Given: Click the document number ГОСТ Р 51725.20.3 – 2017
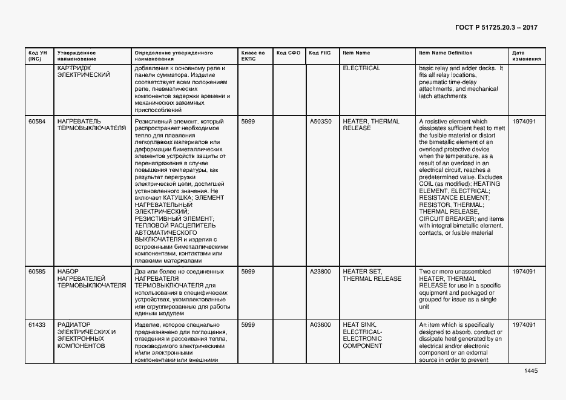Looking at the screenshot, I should (x=495, y=28).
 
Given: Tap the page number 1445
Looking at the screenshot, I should (x=531, y=371).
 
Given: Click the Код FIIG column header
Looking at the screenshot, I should (x=320, y=53).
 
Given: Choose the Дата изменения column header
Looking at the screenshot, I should (x=522, y=56).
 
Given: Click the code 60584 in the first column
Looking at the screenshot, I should (x=37, y=122).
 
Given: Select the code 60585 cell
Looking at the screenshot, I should (x=37, y=272).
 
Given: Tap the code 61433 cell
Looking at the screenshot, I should (x=37, y=325).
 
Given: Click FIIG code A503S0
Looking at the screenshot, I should (x=320, y=122).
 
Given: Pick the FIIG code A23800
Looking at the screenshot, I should (x=320, y=272).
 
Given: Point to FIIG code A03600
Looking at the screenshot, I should (x=320, y=325).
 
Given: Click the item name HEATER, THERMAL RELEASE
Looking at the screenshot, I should (x=371, y=125).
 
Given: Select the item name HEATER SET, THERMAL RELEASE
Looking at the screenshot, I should (x=372, y=275).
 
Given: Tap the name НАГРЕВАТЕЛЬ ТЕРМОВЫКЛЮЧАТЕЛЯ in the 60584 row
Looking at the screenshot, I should (x=91, y=125).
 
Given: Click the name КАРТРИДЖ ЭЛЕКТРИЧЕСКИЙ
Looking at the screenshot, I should (x=84, y=71).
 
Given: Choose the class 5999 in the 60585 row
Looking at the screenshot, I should (x=248, y=272).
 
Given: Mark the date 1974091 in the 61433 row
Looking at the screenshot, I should (x=524, y=325).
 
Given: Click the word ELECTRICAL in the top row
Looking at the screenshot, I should (x=361, y=68).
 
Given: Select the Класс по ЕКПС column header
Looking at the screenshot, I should (x=253, y=56).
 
